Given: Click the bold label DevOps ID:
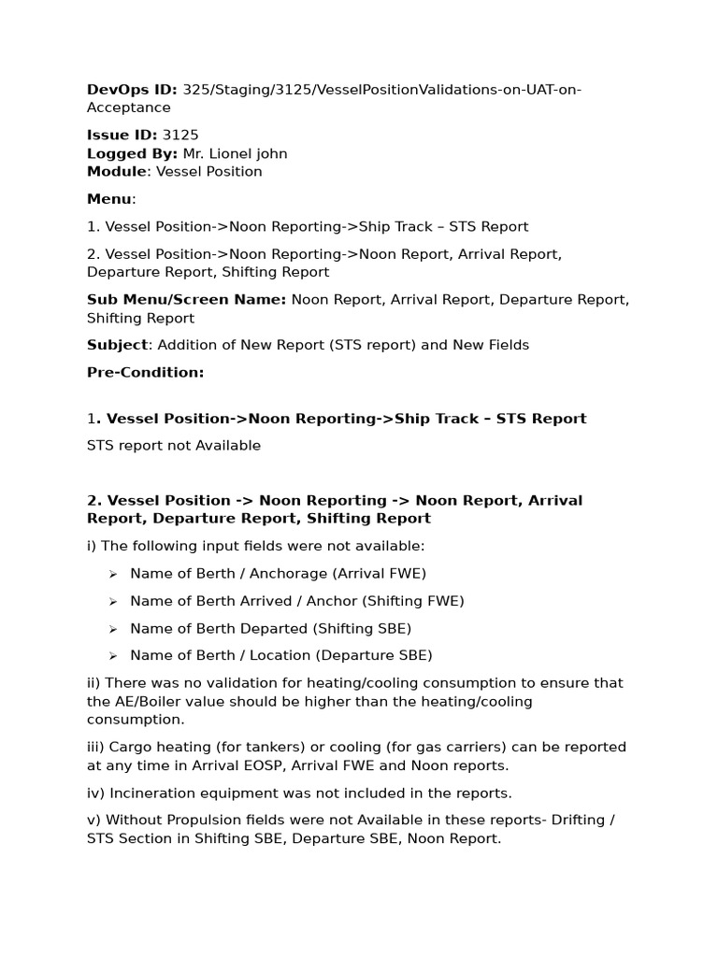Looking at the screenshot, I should coord(132,90).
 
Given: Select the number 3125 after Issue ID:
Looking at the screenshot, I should coord(180,136).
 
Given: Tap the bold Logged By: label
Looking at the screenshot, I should coord(132,153).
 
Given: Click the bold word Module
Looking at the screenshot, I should coord(117,172).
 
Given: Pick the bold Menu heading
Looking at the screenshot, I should coord(109,199).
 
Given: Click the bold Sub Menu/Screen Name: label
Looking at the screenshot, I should coord(187,300).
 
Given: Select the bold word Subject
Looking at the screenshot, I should coord(117,345).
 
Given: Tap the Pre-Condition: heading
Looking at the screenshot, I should coord(145,373).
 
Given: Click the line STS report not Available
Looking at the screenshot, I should coord(174,446).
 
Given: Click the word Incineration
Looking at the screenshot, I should coord(155,793).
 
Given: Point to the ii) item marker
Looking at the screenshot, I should coord(94,683).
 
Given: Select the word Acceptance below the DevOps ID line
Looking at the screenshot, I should coord(129,108).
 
